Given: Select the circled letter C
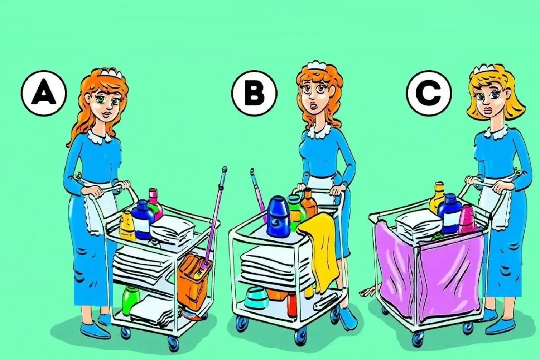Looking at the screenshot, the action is pos(428,93).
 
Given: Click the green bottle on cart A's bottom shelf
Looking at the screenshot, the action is pos(130,300).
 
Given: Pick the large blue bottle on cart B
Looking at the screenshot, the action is pos(279,216).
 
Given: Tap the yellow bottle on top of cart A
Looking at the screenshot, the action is pos(127,226).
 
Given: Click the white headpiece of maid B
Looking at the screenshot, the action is pos(316,65).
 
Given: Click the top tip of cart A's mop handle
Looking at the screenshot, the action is pos(225,168).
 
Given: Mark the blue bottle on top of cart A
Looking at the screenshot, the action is pos(142,220).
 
